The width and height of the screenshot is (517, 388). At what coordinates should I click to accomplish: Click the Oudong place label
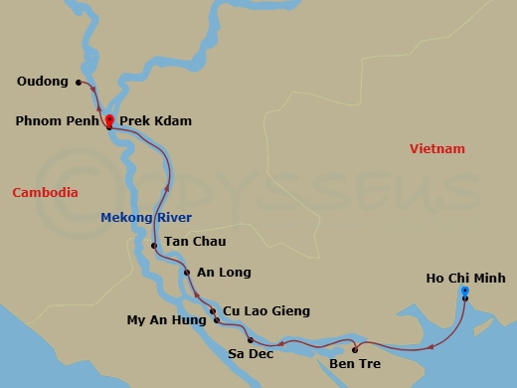[42, 83]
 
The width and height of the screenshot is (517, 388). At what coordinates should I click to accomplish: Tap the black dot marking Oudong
[79, 83]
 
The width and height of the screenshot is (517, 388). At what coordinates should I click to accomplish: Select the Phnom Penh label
[58, 121]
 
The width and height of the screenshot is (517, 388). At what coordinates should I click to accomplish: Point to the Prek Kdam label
[154, 121]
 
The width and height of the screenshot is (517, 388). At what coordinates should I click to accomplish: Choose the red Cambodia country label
[45, 192]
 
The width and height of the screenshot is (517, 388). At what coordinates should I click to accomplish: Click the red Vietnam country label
[436, 149]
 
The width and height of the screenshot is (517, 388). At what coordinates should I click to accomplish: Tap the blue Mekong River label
[146, 217]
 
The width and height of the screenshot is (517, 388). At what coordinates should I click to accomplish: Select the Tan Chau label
[195, 241]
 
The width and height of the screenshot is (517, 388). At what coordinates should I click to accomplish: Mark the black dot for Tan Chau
[154, 246]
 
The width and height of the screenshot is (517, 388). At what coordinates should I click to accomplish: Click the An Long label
[224, 272]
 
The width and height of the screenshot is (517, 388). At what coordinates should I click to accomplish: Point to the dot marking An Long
[186, 272]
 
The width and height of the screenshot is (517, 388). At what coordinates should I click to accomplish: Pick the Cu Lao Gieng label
[265, 311]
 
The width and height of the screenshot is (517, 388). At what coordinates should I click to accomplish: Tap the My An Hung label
[165, 320]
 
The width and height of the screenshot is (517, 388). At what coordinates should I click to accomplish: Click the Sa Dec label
[249, 352]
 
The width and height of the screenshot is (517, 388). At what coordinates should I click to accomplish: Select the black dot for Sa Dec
[249, 340]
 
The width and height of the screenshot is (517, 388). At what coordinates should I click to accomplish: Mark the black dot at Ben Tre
[354, 349]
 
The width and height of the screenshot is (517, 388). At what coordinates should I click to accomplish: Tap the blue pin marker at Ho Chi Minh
[465, 291]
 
